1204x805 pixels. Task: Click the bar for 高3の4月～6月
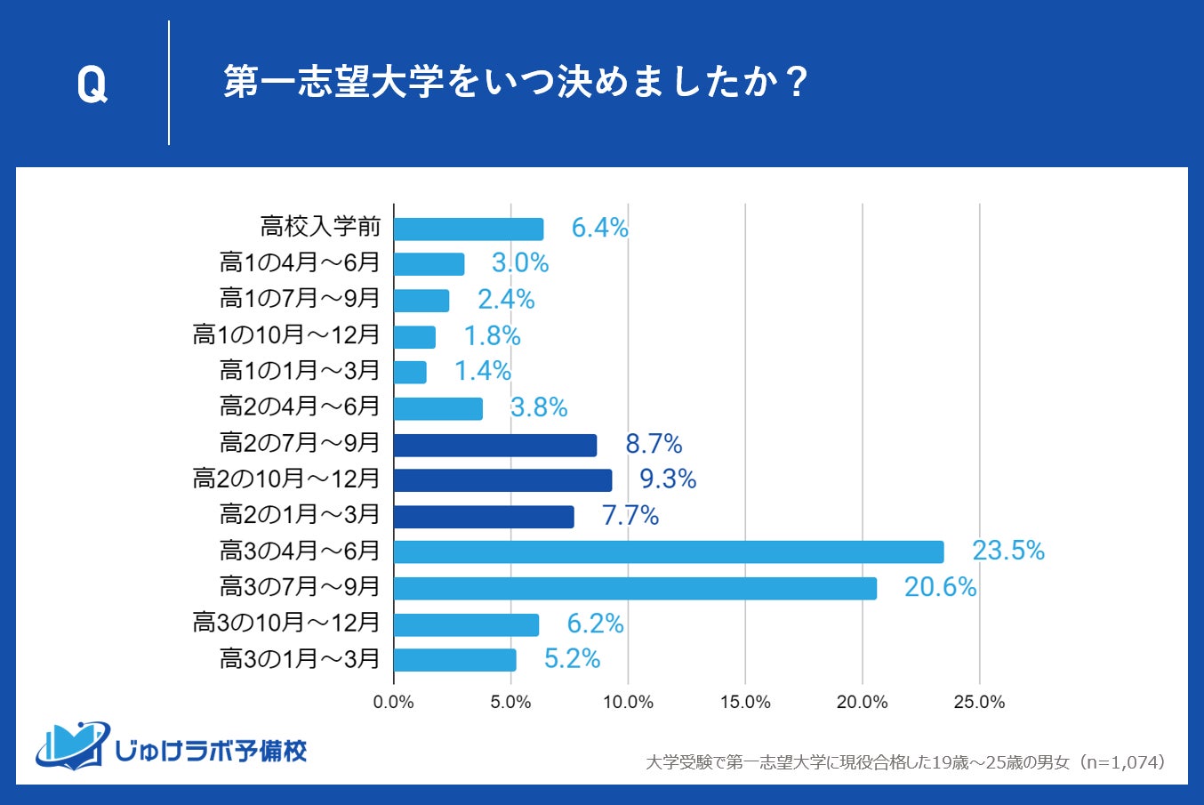(669, 551)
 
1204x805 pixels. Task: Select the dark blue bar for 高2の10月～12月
(502, 480)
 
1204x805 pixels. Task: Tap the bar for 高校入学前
(469, 229)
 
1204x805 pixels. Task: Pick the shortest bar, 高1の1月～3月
(410, 372)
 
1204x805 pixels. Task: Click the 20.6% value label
(940, 588)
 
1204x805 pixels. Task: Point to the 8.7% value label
(654, 444)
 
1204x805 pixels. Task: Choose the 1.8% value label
(492, 336)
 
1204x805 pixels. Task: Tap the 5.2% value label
(572, 659)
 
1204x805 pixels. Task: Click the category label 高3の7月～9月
(300, 587)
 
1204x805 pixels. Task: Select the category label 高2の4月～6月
(300, 407)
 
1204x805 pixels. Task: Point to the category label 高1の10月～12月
(286, 334)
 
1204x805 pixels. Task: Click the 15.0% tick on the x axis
(745, 703)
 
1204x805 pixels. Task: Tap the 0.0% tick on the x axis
(394, 703)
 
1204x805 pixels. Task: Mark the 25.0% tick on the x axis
(979, 703)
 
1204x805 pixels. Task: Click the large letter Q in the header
(92, 85)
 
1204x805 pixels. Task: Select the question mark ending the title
(797, 83)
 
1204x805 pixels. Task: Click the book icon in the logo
(73, 745)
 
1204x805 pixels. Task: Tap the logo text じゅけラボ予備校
(212, 751)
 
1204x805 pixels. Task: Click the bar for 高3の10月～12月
(466, 624)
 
